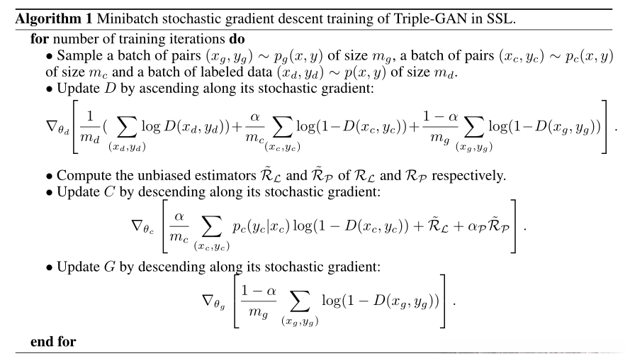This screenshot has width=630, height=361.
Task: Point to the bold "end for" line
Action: click(x=53, y=342)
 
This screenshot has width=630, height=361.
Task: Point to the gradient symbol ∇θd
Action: click(x=56, y=125)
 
